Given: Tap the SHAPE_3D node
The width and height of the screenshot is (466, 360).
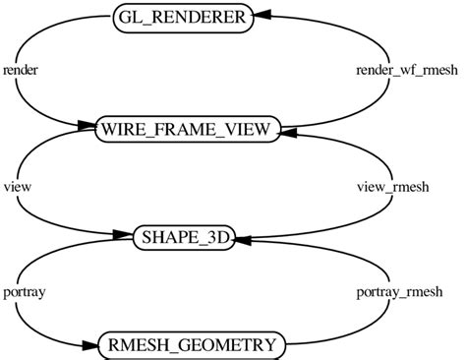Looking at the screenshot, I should coord(184,238).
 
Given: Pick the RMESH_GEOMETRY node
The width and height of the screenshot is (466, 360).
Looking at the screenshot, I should coord(193,345).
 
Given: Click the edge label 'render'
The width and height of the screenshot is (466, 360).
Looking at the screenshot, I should coord(21,71).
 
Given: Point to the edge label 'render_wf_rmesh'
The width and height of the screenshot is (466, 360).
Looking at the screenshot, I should coord(397,71).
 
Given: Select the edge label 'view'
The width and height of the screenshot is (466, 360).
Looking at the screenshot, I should coord(17,184).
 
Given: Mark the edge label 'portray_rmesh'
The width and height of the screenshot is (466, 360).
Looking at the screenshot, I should coord(397,292).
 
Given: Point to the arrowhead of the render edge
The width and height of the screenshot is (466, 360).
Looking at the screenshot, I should coord(87,127).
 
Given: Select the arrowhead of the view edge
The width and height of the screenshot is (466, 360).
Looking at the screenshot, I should coord(124,236).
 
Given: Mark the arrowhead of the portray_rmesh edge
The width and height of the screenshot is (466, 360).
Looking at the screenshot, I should coord(245,240).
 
